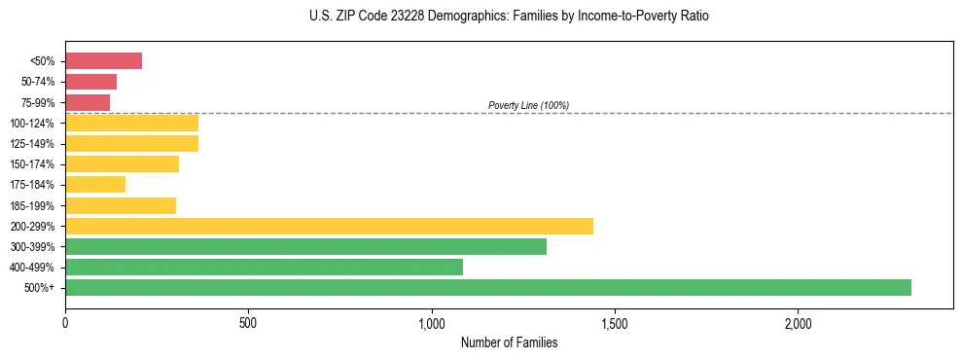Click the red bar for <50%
(x=103, y=61)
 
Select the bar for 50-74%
(x=90, y=82)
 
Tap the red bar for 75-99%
(x=88, y=102)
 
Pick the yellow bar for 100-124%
(x=131, y=123)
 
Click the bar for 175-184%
(x=95, y=185)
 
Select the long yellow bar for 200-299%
(x=329, y=226)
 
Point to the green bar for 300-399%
(x=305, y=246)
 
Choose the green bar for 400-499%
(x=264, y=267)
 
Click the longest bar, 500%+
(x=487, y=287)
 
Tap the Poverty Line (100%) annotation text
(x=528, y=105)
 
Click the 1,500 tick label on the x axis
(x=614, y=323)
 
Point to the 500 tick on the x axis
(x=248, y=323)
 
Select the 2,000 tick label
(x=797, y=323)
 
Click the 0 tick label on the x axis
(x=65, y=323)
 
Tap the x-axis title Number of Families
(x=509, y=342)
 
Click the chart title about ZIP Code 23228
(x=509, y=17)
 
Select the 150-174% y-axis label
(x=34, y=164)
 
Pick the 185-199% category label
(x=34, y=205)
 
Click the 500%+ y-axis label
(x=40, y=288)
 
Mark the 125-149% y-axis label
(x=34, y=144)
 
